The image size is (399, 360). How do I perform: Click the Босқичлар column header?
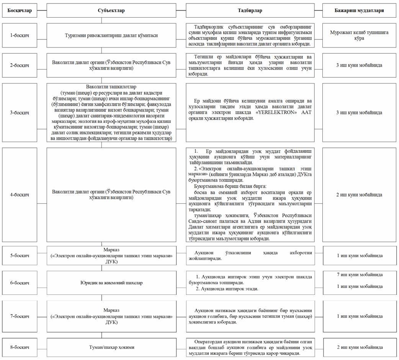(20, 11)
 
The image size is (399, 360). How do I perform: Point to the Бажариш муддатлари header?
(359, 11)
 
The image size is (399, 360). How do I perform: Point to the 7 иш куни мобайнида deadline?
(359, 275)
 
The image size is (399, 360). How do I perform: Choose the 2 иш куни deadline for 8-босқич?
(359, 347)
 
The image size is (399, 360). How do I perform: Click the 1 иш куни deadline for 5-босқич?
(359, 255)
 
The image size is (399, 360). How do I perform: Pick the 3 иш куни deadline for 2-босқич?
(359, 65)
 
